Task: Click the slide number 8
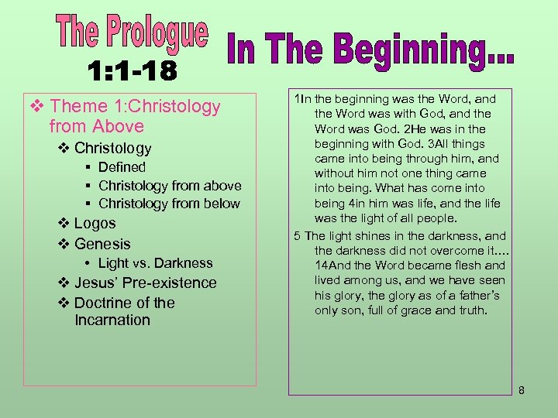tap(522, 390)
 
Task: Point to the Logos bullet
tap(95, 224)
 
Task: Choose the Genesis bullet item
tap(102, 244)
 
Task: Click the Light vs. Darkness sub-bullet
tap(155, 263)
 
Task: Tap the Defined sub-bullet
tap(122, 167)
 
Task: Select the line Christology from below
tap(169, 204)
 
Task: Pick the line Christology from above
tap(170, 186)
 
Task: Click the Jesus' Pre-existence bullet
tap(145, 283)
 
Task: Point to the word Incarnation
tap(112, 320)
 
